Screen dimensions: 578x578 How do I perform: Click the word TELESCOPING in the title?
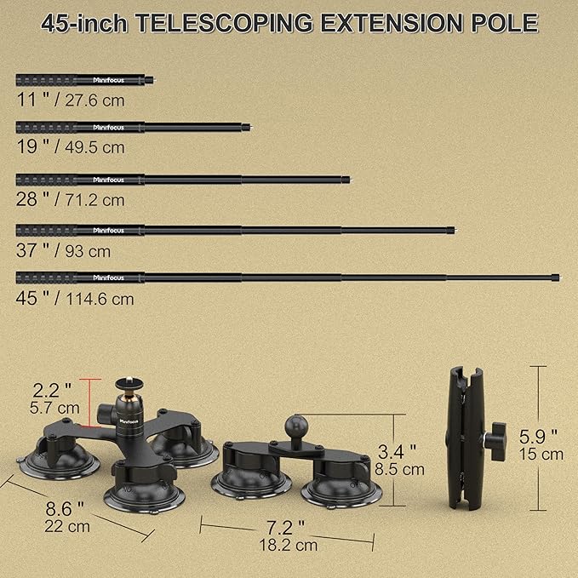(x=224, y=23)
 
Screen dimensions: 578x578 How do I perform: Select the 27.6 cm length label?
(x=94, y=100)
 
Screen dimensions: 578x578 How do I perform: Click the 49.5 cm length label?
(x=94, y=147)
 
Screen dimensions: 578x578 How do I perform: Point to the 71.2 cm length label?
(x=94, y=200)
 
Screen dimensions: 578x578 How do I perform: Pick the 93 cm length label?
(x=88, y=251)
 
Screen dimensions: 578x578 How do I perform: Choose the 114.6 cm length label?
(x=100, y=299)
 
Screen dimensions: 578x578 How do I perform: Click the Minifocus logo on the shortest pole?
(x=108, y=80)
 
